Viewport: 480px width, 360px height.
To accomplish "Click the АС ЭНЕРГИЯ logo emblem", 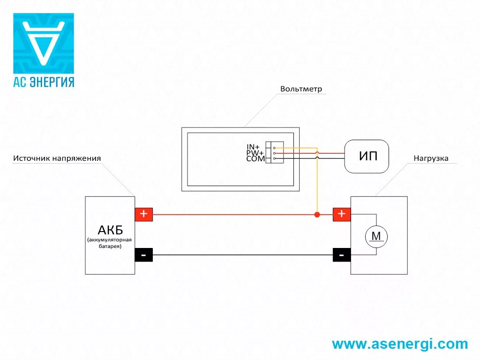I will click(x=43, y=43).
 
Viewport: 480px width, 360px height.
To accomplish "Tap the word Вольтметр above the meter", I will click(x=301, y=89).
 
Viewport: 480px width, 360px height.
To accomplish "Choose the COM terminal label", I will click(x=255, y=159).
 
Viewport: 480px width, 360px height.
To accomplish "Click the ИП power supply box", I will click(x=367, y=156).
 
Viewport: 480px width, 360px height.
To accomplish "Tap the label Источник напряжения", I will click(x=57, y=158).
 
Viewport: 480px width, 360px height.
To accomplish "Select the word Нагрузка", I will click(x=431, y=158).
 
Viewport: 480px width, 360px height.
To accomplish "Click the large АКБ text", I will click(x=110, y=230).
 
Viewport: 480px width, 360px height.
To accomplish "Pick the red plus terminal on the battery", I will click(x=143, y=214).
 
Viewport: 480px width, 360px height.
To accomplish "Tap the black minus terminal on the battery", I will click(x=143, y=255).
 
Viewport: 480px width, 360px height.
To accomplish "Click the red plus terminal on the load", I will click(x=342, y=214).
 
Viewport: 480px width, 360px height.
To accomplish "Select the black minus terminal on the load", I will click(x=342, y=255).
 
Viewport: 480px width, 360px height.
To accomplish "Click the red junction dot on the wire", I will click(x=317, y=215).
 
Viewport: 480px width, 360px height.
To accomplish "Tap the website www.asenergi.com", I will click(x=400, y=344).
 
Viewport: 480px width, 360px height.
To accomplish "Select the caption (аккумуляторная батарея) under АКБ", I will click(x=110, y=243).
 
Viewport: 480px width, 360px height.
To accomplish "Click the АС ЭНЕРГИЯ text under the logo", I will click(x=43, y=82).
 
